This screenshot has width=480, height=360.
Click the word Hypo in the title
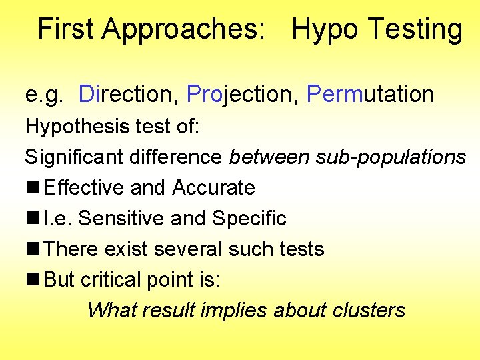(x=324, y=31)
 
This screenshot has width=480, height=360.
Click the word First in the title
(x=65, y=29)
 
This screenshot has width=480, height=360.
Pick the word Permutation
(x=370, y=95)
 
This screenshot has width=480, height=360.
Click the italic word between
(x=269, y=157)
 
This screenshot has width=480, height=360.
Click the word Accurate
(x=213, y=188)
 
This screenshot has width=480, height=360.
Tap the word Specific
(x=249, y=219)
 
